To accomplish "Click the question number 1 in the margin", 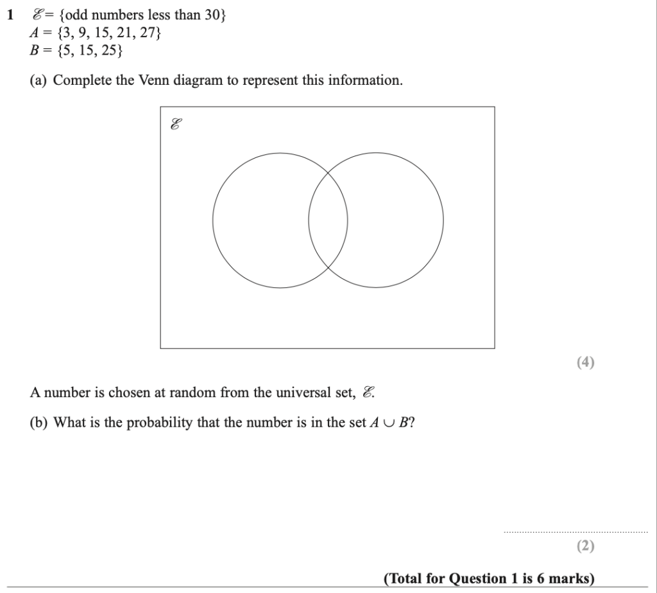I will point(10,15).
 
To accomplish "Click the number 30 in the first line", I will point(212,15).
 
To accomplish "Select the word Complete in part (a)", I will point(81,81).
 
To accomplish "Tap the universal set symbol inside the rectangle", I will point(175,125).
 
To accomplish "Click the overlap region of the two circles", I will point(328,220).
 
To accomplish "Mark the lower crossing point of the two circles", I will point(328,268).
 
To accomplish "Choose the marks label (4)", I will point(585,362).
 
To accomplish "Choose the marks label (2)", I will point(585,546).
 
